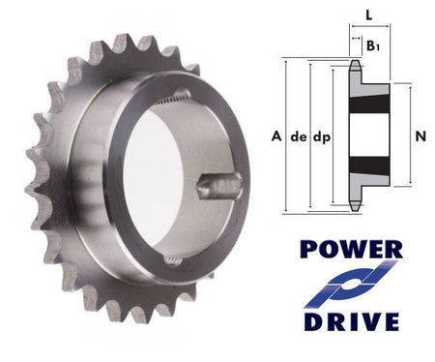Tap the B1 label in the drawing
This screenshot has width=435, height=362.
[x=372, y=45]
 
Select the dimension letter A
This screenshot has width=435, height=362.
[x=277, y=136]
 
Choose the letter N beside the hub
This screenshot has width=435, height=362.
[x=420, y=136]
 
